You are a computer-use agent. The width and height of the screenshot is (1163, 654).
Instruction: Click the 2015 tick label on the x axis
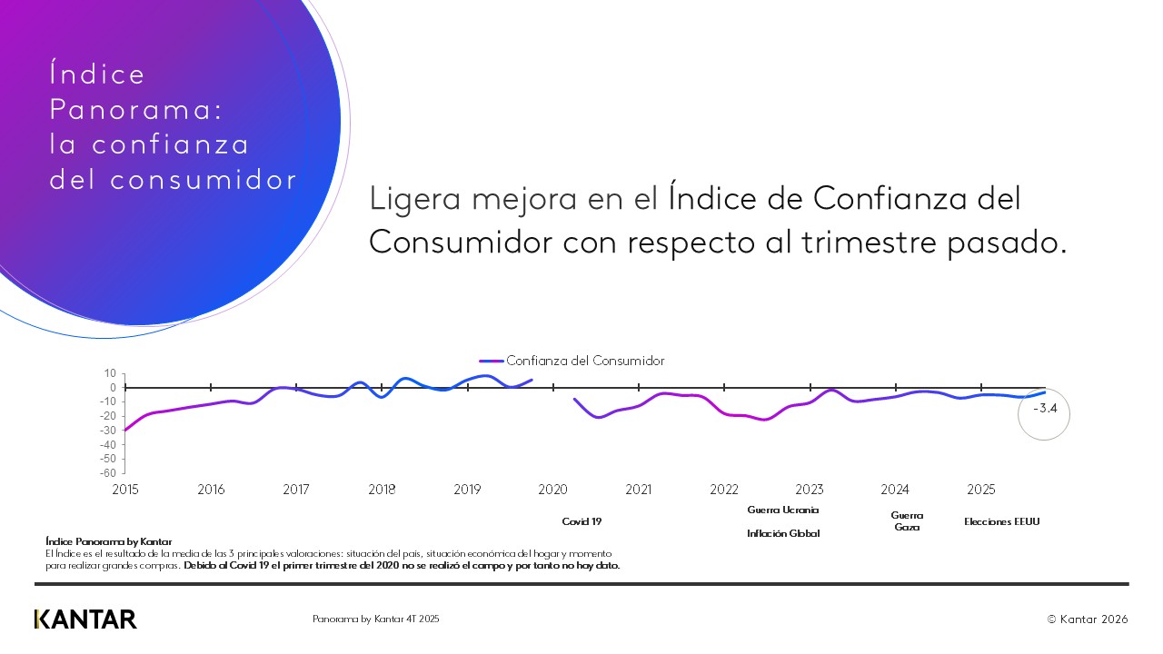(124, 490)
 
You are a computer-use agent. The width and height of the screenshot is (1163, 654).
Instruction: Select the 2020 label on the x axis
(552, 490)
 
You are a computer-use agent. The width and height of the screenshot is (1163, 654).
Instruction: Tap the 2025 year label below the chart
(980, 490)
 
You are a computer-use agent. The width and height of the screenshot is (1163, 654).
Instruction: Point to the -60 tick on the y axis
(108, 473)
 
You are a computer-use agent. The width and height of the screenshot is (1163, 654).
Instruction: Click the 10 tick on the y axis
(111, 373)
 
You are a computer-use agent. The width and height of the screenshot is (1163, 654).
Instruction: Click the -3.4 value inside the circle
(1045, 409)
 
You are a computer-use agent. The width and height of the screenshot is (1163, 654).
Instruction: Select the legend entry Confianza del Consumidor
(584, 361)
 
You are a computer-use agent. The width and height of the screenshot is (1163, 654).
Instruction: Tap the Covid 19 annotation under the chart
(581, 522)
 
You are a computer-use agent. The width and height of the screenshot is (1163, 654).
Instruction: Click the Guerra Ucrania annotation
(783, 510)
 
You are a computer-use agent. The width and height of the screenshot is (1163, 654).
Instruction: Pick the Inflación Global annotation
(783, 534)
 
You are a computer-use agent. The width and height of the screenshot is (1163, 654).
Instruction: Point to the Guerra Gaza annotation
(907, 521)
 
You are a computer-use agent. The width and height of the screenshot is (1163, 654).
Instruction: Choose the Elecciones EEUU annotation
(1001, 522)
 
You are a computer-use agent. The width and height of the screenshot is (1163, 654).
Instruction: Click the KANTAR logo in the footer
(85, 619)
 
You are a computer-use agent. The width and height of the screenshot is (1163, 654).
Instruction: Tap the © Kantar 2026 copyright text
(1088, 619)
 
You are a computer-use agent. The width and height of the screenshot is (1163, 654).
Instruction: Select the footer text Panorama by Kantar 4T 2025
(376, 619)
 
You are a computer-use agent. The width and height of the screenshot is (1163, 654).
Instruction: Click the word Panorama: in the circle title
(135, 110)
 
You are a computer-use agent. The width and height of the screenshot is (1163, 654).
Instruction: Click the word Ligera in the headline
(410, 199)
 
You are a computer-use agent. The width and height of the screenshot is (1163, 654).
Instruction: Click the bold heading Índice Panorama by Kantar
(108, 542)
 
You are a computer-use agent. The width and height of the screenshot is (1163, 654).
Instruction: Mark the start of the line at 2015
(125, 430)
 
